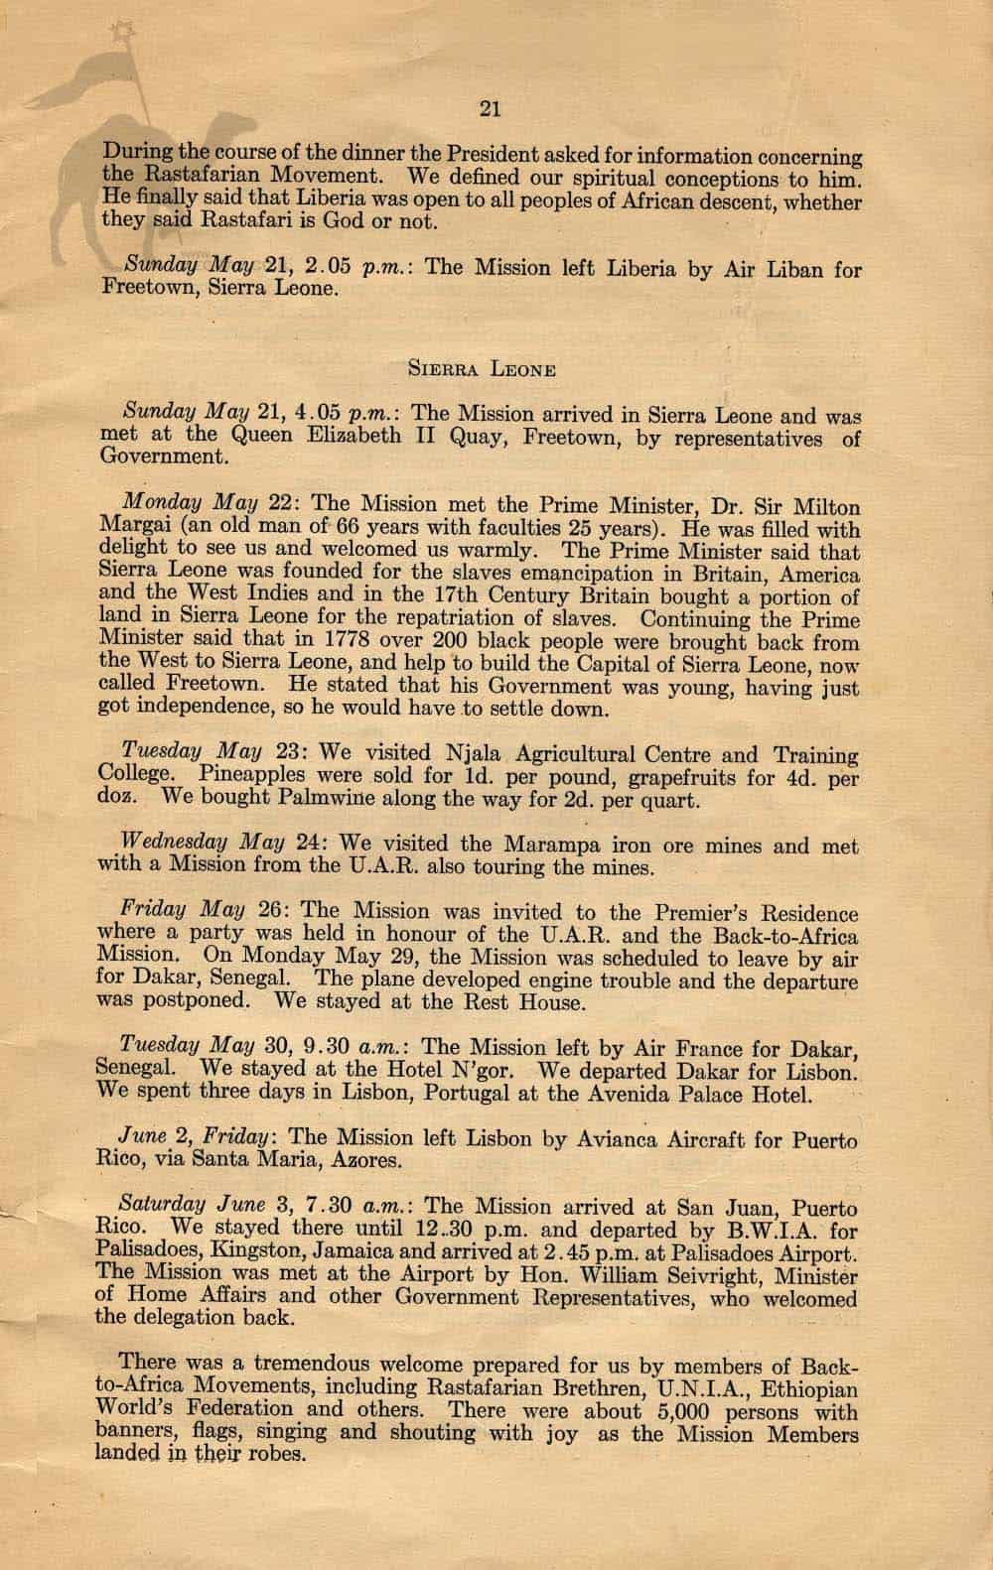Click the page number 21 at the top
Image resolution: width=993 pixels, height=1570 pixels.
coord(489,110)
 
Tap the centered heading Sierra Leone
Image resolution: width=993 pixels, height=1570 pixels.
coord(482,369)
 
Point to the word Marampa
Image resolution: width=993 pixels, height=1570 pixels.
coord(554,846)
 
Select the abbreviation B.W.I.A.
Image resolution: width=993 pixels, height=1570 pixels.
coord(717,1230)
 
